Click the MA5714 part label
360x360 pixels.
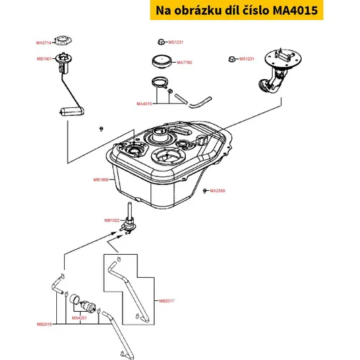click(44, 43)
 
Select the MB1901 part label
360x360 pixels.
click(44, 59)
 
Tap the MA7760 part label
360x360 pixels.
click(184, 63)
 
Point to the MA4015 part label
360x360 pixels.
click(144, 104)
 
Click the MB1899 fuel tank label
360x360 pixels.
click(101, 179)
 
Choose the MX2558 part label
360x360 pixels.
click(217, 191)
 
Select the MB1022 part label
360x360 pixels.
click(112, 220)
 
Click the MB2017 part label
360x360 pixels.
click(166, 301)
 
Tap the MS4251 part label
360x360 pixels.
click(79, 318)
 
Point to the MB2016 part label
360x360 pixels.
click(45, 324)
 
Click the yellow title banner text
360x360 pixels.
click(237, 10)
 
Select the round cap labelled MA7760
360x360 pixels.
click(162, 61)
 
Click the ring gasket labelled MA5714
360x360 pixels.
click(63, 40)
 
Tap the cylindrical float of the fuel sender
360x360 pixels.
click(71, 112)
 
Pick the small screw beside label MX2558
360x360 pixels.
click(204, 191)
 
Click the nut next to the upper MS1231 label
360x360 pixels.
click(162, 42)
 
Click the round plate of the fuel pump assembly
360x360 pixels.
click(283, 58)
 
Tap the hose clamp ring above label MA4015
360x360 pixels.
click(160, 82)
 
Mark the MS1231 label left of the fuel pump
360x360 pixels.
click(247, 59)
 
